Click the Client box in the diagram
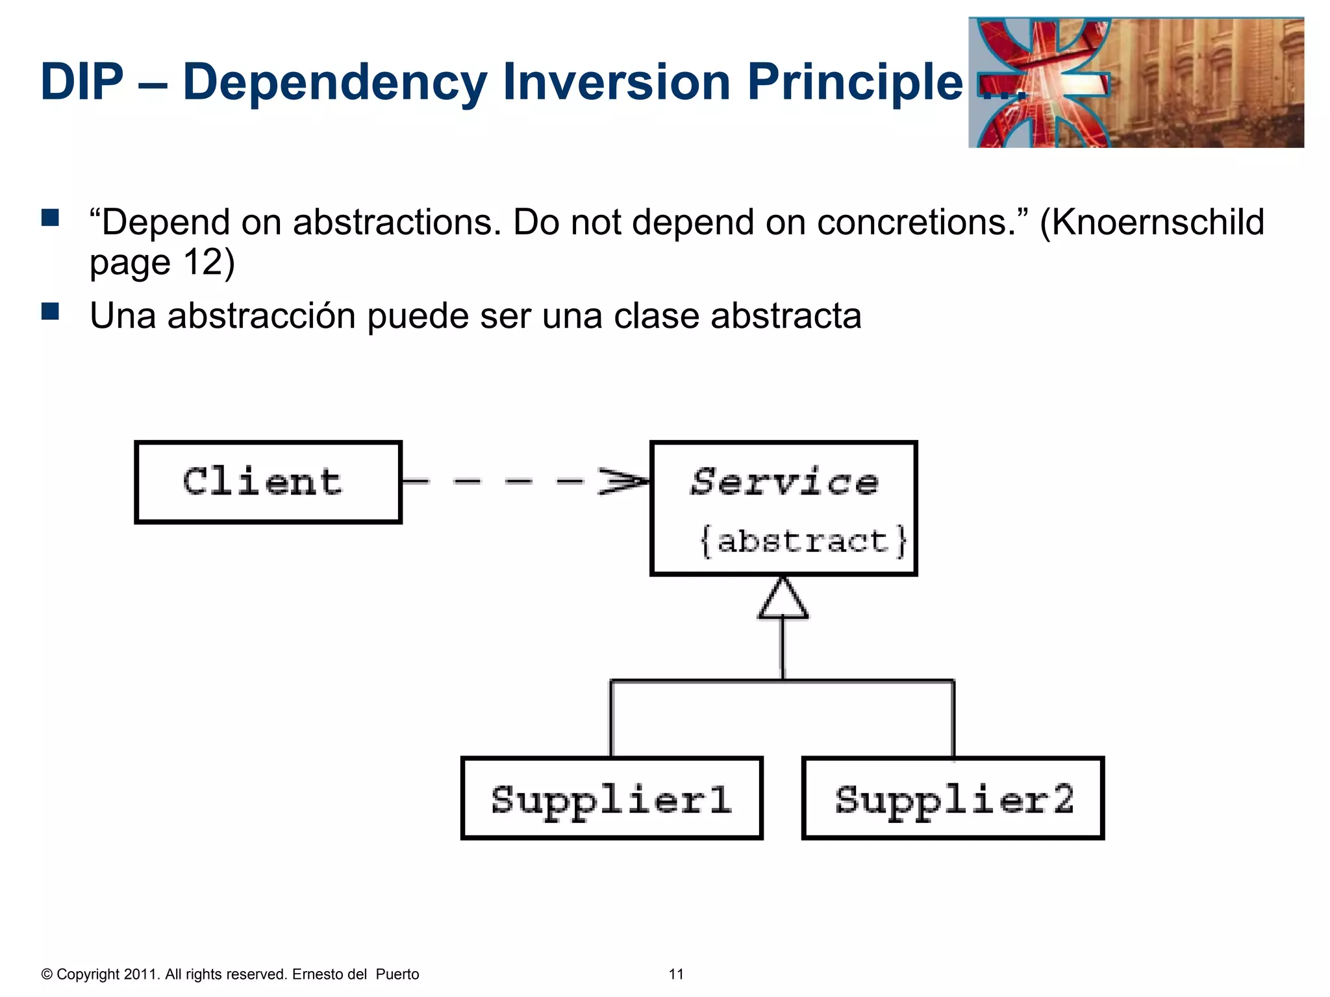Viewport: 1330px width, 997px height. (268, 482)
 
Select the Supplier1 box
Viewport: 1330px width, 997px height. (611, 798)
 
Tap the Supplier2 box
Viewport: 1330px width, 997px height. (953, 798)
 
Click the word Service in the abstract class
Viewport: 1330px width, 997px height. (784, 482)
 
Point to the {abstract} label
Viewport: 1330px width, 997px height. (803, 541)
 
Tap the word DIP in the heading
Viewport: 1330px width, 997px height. (82, 82)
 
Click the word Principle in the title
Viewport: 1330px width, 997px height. (855, 82)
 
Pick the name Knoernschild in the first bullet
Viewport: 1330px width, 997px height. (1158, 222)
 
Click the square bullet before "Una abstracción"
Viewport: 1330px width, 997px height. (50, 312)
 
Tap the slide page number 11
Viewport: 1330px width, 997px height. (676, 974)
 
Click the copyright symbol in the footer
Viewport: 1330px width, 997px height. (47, 974)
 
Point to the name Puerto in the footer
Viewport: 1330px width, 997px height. (397, 974)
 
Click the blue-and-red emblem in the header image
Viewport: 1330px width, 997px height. (1042, 83)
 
